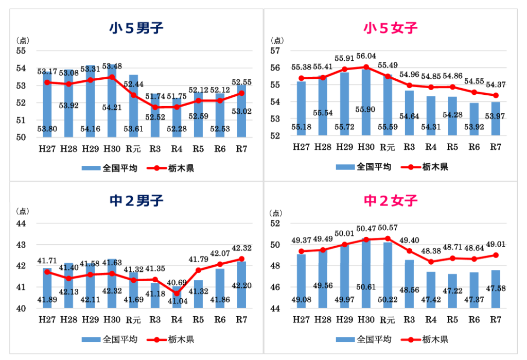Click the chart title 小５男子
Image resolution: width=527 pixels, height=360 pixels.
(136, 28)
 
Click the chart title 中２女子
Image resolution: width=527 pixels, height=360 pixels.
(391, 200)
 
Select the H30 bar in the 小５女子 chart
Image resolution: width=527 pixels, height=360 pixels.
(366, 103)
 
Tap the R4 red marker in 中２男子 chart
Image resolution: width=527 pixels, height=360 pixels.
(177, 294)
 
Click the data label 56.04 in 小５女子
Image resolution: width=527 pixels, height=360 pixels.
(366, 56)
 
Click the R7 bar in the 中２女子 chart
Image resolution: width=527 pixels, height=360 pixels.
(496, 288)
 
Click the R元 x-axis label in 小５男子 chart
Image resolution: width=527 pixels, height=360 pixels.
(133, 149)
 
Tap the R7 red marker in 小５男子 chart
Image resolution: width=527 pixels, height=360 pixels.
(241, 93)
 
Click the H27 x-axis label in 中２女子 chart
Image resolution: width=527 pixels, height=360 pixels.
(301, 319)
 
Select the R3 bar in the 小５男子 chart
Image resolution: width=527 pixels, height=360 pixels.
(155, 115)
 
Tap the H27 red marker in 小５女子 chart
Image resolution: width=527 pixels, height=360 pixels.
(301, 78)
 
